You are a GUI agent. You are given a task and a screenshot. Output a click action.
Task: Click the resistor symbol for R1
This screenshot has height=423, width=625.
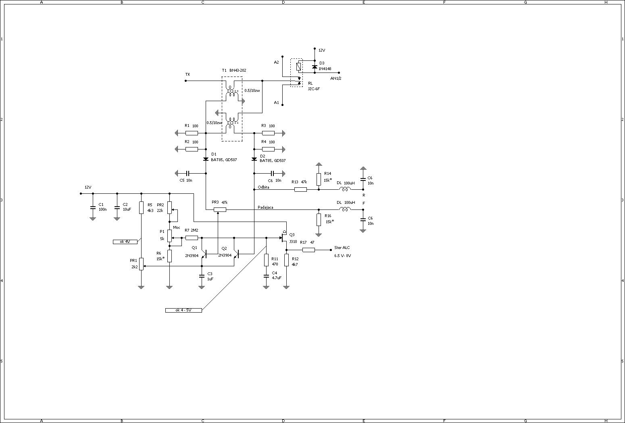pos(192,133)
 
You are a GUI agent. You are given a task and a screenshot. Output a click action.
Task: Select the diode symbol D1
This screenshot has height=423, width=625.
pos(206,159)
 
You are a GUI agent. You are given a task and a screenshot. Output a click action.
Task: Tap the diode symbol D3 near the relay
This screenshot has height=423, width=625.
pos(315,66)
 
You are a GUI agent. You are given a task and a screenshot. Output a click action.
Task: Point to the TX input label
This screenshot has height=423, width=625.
pos(187,75)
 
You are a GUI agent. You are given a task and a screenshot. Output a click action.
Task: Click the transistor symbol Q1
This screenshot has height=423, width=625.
pos(204,254)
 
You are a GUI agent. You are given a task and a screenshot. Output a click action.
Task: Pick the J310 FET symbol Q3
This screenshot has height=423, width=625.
pos(283,237)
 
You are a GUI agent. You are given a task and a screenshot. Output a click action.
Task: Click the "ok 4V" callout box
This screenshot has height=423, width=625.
pos(125,242)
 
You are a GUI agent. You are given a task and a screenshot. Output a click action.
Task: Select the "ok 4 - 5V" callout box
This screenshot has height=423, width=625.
pos(183,310)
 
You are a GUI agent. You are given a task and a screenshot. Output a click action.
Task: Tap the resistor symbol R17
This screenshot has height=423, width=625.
pos(308,250)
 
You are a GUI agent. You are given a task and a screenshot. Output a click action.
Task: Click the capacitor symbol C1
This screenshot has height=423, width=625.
pos(93,208)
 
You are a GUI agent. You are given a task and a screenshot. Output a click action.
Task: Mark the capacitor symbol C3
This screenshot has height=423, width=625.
pos(202,276)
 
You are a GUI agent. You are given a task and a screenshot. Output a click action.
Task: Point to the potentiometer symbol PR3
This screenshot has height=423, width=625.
pos(220,209)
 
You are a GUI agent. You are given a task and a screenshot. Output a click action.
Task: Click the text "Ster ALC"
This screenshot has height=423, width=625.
pos(342,248)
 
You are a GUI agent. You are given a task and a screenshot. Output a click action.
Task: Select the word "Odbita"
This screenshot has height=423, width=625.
pos(263,187)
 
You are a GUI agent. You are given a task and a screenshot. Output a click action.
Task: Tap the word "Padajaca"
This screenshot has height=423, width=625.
pos(266,207)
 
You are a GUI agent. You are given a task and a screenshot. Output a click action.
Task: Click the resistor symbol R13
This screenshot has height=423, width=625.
pos(300,189)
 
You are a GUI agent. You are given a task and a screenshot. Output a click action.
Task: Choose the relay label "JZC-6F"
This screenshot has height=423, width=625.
pos(314,89)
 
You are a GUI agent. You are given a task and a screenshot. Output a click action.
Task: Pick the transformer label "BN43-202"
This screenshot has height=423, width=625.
pos(237,70)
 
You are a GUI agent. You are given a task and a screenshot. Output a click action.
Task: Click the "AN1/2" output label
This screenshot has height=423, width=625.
pos(336,78)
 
